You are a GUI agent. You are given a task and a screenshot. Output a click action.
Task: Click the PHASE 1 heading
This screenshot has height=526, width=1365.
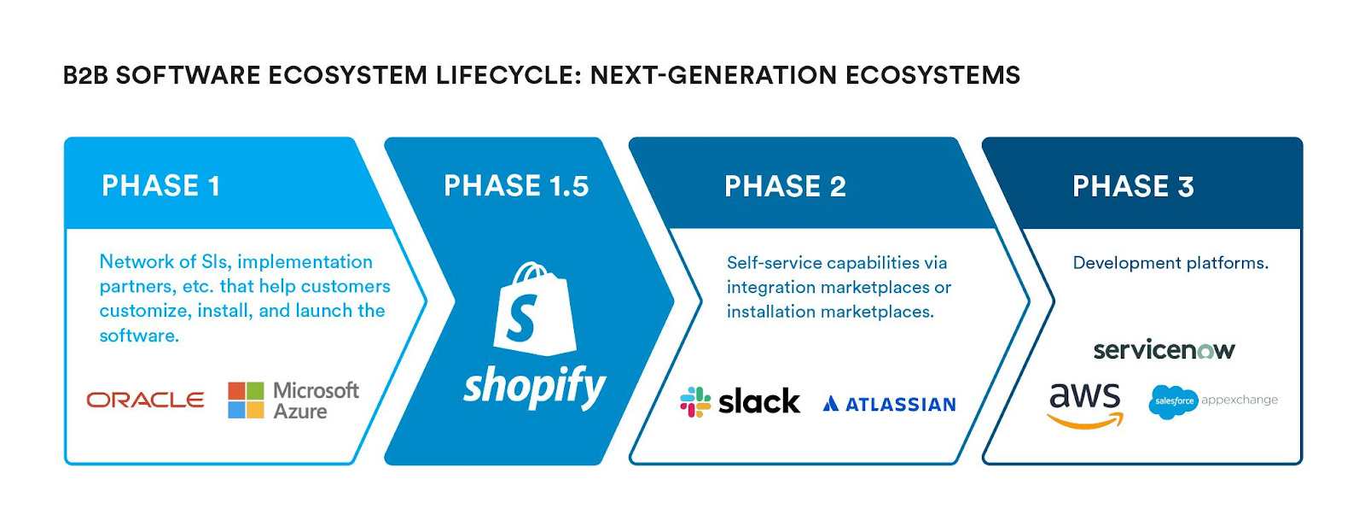[161, 185]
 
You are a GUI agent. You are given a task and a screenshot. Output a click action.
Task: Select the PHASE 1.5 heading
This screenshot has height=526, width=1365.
[516, 185]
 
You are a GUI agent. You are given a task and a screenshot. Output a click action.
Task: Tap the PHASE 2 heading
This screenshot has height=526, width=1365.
[785, 186]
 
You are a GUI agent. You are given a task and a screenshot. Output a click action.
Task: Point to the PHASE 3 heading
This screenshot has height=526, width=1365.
[1133, 186]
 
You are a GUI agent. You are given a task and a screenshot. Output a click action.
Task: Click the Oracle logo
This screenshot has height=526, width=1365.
[146, 400]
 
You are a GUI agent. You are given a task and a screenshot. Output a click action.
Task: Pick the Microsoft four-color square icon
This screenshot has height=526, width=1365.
[246, 400]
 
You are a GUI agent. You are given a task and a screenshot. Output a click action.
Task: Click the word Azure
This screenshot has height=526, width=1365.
[300, 412]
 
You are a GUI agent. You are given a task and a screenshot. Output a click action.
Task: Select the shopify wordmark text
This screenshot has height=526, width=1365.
[535, 387]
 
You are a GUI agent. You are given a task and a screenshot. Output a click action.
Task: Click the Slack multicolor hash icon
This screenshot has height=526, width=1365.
[695, 401]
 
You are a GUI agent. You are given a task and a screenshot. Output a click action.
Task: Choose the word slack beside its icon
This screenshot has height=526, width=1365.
[759, 401]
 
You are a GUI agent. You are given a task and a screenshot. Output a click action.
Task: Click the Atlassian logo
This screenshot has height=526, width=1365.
[890, 404]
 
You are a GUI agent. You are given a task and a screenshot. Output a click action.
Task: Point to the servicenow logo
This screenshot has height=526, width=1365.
[1164, 349]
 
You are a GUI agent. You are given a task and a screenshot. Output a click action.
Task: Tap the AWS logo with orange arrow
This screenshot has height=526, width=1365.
[1085, 404]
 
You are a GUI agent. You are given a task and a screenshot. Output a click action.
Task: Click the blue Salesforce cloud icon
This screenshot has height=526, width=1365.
[1174, 401]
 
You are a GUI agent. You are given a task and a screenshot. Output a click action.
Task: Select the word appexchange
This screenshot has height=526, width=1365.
[1240, 400]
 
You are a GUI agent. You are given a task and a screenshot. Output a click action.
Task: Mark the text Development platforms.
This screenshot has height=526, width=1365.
[1170, 263]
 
